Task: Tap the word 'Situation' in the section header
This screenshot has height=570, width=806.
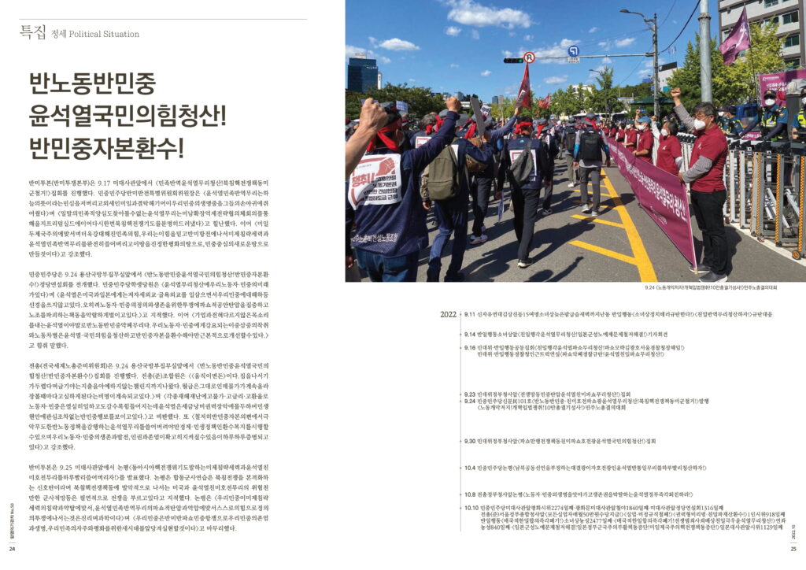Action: pos(122,34)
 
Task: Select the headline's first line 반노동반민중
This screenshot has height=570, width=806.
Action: pos(93,84)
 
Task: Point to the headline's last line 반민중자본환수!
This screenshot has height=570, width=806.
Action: pos(106,146)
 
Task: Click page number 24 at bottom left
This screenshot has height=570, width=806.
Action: pos(13,549)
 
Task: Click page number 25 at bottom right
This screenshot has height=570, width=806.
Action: pos(793,549)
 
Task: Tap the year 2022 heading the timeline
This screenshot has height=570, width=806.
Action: pos(448,314)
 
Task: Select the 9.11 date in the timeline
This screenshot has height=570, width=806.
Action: pos(469,314)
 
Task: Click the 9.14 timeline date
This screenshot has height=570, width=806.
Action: pos(469,334)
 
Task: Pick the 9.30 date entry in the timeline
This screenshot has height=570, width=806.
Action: pos(469,441)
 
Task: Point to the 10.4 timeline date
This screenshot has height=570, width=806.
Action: pos(469,468)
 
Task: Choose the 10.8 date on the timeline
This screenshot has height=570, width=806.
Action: pos(469,494)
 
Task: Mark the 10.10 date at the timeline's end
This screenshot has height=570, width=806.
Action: pos(471,508)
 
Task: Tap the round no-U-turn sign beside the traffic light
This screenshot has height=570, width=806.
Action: pos(529,57)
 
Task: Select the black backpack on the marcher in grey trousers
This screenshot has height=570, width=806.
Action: pos(589,145)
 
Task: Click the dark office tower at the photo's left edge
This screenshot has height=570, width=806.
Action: pos(363,75)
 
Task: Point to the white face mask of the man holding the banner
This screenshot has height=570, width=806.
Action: pos(698,124)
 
